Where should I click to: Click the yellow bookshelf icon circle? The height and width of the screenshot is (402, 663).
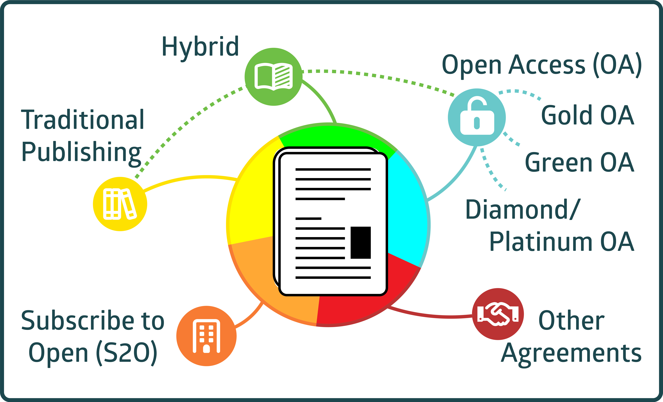120,204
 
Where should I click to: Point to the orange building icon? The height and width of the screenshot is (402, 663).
206,336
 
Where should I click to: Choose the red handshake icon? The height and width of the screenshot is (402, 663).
498,314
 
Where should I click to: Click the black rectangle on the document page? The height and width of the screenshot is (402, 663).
361,243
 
